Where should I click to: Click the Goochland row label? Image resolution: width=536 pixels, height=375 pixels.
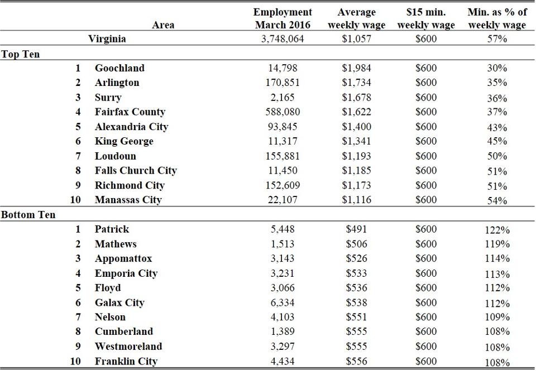119,68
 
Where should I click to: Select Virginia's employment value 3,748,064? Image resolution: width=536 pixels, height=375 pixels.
283,39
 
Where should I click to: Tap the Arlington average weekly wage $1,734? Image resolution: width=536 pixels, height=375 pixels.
356,83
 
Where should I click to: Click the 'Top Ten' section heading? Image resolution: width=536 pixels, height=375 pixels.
21,54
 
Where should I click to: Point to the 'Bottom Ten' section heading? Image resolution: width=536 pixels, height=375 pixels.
28,215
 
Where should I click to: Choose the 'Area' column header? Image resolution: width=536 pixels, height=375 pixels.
163,25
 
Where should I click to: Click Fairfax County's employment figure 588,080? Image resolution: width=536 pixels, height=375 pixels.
283,112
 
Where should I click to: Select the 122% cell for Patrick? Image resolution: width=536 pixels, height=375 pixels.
497,230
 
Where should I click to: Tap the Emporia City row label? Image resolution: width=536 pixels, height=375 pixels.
126,273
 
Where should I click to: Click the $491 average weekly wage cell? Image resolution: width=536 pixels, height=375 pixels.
356,229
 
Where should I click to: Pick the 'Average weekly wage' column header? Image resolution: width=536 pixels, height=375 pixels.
356,18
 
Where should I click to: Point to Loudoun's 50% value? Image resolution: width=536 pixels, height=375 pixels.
497,156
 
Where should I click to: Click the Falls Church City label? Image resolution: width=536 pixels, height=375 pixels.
136,170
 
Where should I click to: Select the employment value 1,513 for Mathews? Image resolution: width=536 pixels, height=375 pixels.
283,244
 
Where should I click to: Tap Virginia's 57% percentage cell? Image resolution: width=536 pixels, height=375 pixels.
497,39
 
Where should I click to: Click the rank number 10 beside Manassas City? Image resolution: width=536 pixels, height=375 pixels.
75,200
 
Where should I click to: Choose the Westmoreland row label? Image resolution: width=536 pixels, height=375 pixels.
128,347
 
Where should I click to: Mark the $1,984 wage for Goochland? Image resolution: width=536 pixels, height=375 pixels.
356,68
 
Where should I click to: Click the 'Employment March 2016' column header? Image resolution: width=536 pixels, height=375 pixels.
283,18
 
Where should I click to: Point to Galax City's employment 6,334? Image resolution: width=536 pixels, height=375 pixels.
283,302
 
